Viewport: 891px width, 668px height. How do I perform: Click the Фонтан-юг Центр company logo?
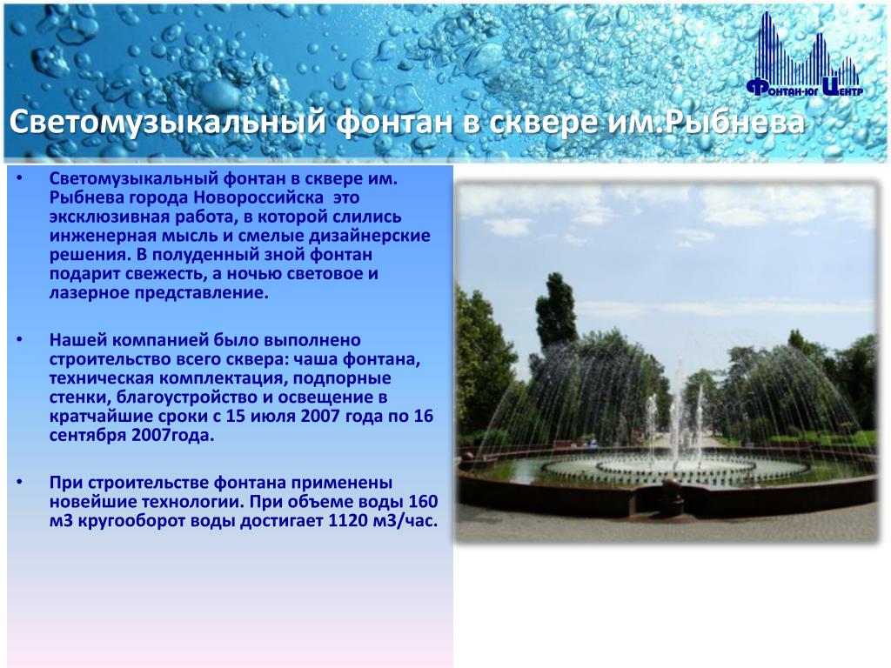[805, 54]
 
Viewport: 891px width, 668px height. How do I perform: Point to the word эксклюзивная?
[106, 217]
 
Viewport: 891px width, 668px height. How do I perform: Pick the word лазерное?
[90, 294]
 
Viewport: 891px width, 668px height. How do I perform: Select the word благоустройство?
[181, 397]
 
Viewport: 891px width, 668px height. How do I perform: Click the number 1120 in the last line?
[348, 521]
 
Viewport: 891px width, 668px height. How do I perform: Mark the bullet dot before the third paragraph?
[20, 483]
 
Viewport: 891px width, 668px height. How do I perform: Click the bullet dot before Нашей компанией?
[20, 340]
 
